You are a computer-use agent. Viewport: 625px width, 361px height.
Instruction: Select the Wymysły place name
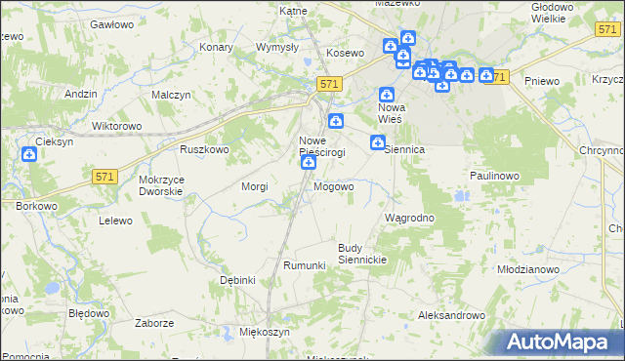pyautogui.click(x=275, y=47)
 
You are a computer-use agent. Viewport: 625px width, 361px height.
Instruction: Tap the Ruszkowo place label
pyautogui.click(x=204, y=149)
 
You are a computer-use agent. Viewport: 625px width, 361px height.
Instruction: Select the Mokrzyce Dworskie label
pyautogui.click(x=161, y=185)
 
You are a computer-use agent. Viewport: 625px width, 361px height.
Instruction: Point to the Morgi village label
pyautogui.click(x=254, y=185)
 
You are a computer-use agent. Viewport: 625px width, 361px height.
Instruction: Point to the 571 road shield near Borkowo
pyautogui.click(x=106, y=177)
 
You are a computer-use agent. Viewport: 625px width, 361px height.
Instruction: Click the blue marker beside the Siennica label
pyautogui.click(x=377, y=144)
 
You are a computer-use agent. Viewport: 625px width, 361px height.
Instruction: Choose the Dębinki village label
pyautogui.click(x=237, y=280)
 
